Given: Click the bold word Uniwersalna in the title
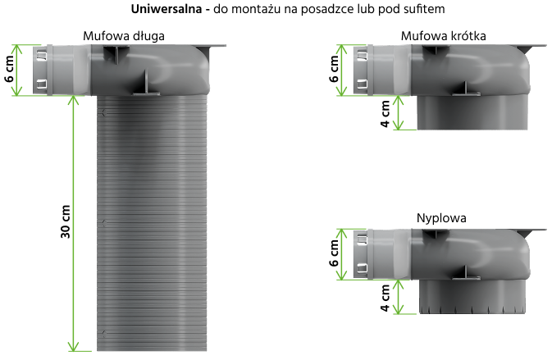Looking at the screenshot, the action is pyautogui.click(x=167, y=9).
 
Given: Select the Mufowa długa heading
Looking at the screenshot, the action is pyautogui.click(x=124, y=36).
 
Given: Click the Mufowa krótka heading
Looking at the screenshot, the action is pyautogui.click(x=443, y=36).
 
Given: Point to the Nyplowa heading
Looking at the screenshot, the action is pyautogui.click(x=441, y=218).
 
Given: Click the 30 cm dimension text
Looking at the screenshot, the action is pyautogui.click(x=66, y=221).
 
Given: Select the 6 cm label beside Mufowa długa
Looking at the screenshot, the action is pyautogui.click(x=10, y=70).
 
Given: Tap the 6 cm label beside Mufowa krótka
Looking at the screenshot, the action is pyautogui.click(x=334, y=70).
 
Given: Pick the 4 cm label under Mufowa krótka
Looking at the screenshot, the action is pyautogui.click(x=385, y=114).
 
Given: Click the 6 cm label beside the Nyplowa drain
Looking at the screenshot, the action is pyautogui.click(x=334, y=253).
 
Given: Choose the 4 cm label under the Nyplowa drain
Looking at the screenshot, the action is pyautogui.click(x=385, y=298).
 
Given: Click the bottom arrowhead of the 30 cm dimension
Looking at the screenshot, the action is pyautogui.click(x=73, y=346).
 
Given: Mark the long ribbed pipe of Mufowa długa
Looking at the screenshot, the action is pyautogui.click(x=152, y=223).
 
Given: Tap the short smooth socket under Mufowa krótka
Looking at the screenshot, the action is pyautogui.click(x=472, y=112).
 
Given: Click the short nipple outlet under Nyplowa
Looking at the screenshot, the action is pyautogui.click(x=472, y=296).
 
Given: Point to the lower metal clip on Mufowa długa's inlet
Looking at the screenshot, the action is pyautogui.click(x=43, y=84).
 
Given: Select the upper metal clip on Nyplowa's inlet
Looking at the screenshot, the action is pyautogui.click(x=363, y=239).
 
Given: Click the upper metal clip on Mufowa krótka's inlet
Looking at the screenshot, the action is pyautogui.click(x=363, y=55).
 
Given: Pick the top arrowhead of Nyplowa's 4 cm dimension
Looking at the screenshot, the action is pyautogui.click(x=398, y=285).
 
